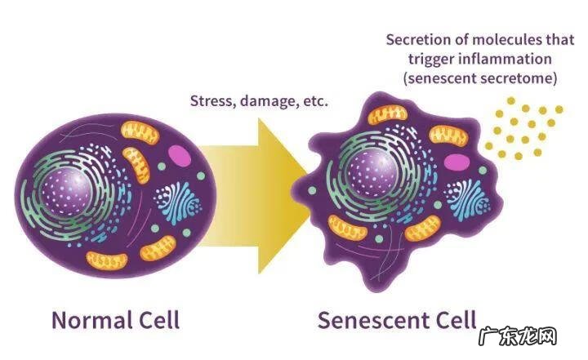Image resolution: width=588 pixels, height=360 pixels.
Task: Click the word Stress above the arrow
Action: pos(212,101)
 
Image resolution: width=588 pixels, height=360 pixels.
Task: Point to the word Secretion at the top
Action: pos(414,39)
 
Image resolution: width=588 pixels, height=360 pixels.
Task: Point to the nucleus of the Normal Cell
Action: pos(69,191)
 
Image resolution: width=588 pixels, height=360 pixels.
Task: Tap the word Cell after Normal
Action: pos(154,318)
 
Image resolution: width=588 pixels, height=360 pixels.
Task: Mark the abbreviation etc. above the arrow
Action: pos(314,101)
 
